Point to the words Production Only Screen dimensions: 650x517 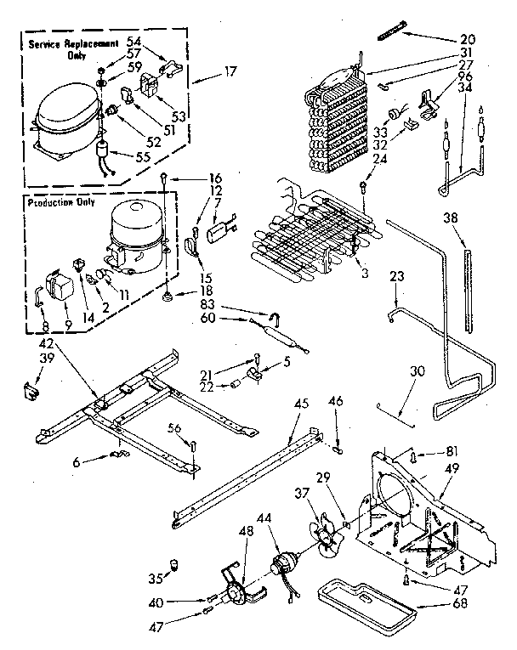pyautogui.click(x=61, y=203)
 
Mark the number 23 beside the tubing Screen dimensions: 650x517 pyautogui.click(x=395, y=276)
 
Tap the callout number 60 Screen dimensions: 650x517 pyautogui.click(x=208, y=319)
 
